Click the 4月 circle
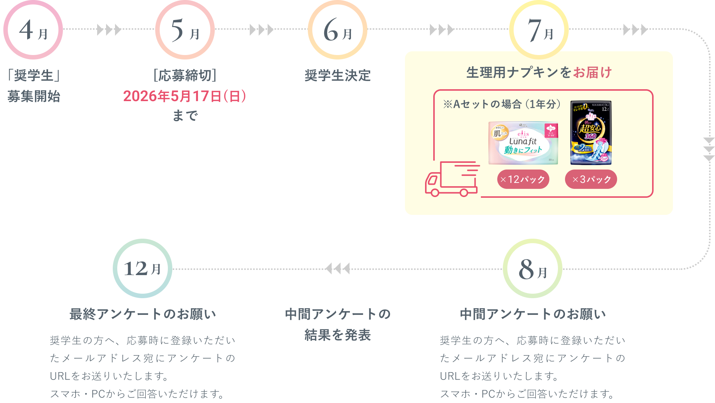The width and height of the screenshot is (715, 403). coord(33,30)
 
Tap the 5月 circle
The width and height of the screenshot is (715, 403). coord(185,30)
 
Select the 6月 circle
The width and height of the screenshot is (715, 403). coord(338,30)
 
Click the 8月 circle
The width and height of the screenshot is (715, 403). coord(532,268)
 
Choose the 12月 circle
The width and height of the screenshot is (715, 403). coord(143,268)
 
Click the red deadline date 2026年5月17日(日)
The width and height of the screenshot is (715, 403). coord(185,96)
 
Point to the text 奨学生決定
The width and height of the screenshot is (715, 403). coord(338,75)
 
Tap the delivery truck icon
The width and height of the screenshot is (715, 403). coord(452,179)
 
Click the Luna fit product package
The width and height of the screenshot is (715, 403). coord(523,143)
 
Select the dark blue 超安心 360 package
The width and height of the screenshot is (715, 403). coord(591,133)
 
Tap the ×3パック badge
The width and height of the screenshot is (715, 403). coord(591,180)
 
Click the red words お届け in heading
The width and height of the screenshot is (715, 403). coord(592,72)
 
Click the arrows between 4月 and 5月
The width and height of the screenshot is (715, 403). coord(109,30)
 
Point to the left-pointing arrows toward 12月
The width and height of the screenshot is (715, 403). coord(338,268)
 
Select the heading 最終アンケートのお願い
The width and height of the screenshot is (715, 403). coord(143,314)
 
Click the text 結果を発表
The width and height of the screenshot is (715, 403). coord(338,335)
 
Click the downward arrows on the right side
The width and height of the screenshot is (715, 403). coord(709,149)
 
